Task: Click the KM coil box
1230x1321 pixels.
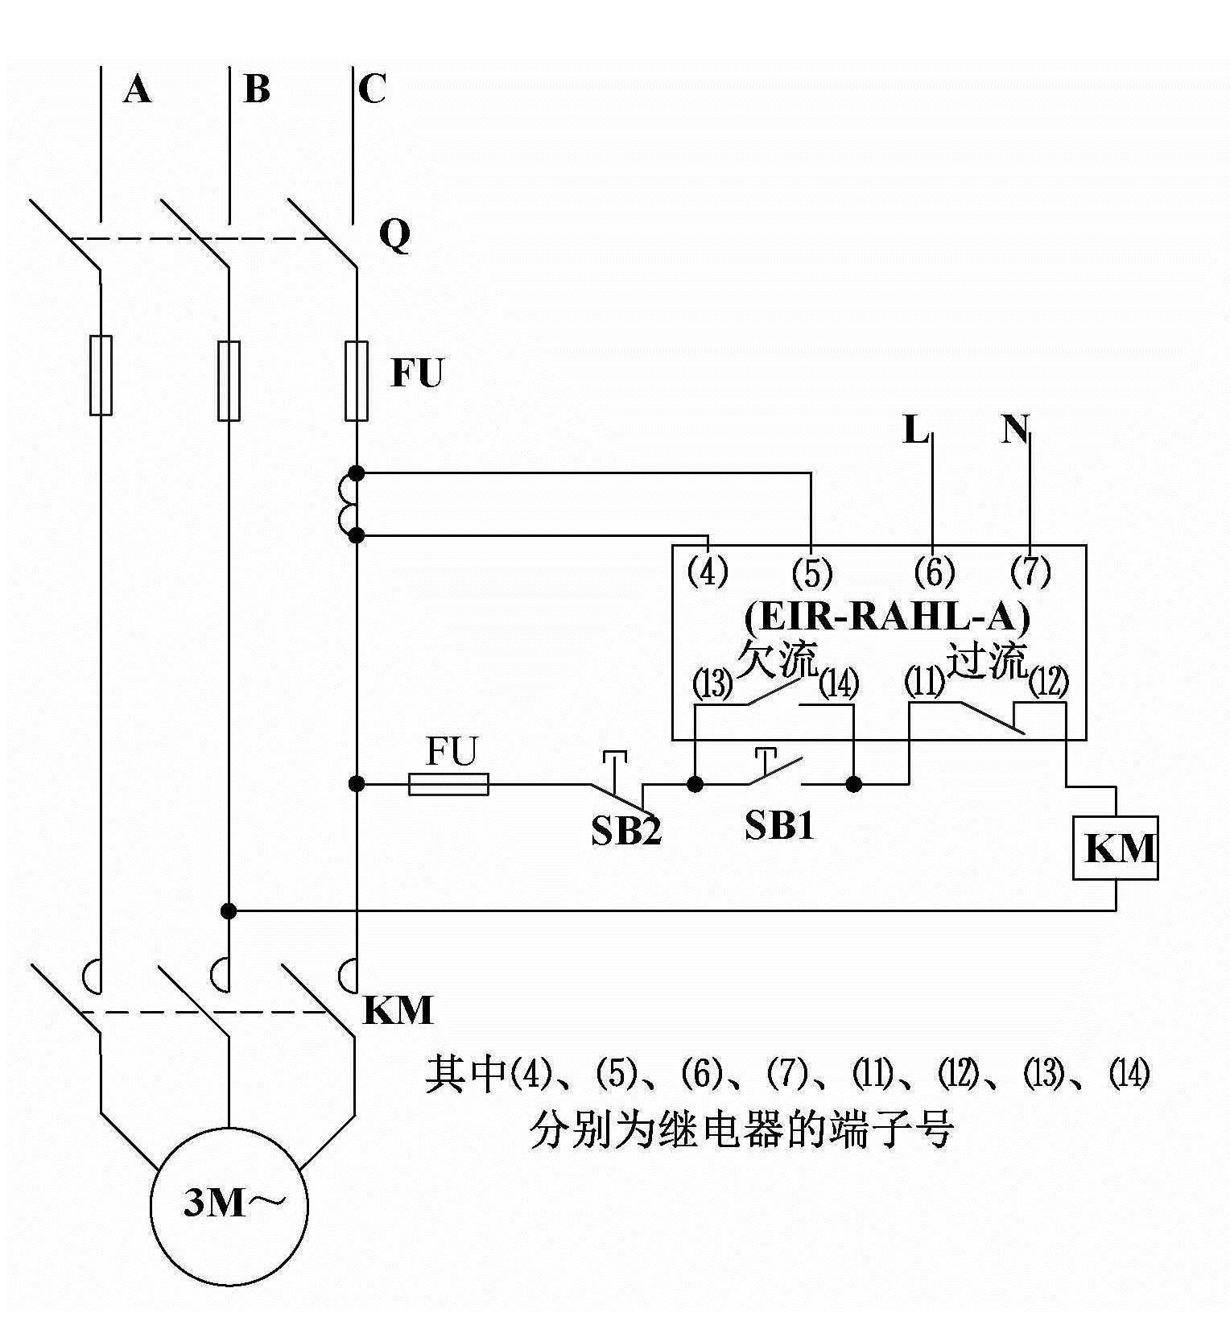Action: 1115,848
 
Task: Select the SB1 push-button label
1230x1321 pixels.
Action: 778,825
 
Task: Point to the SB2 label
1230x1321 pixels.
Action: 626,831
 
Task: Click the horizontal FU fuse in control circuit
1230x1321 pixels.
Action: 448,783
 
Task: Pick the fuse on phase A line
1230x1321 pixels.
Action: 101,375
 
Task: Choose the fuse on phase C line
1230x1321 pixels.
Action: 356,381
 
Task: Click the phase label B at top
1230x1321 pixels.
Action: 256,89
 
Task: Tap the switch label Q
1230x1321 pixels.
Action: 394,235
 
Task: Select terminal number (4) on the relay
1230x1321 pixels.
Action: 708,572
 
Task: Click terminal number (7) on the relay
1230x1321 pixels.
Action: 1030,572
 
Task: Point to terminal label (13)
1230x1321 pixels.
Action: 713,684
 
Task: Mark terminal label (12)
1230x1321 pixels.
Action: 1049,683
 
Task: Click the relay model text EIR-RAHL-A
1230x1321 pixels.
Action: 886,617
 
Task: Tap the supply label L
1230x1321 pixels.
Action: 914,430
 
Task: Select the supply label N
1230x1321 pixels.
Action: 1015,430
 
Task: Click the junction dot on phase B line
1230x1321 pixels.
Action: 229,910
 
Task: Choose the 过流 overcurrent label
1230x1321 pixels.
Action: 986,660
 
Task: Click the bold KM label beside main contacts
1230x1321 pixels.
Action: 398,1010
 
